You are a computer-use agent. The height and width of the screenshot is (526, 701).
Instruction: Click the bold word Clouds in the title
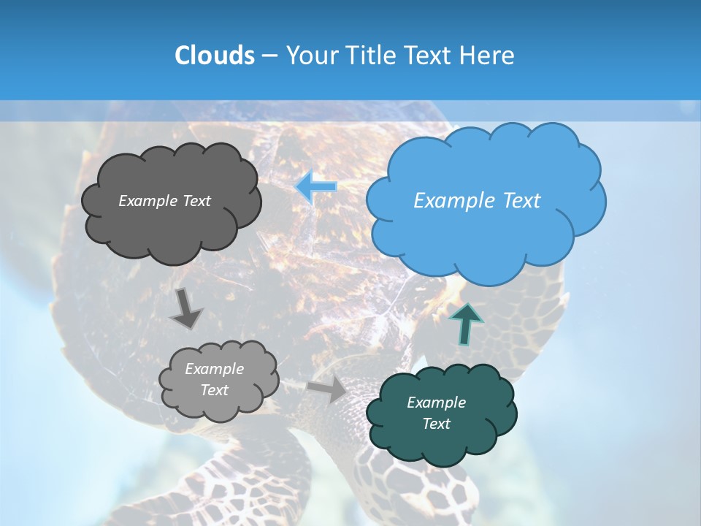coord(214,56)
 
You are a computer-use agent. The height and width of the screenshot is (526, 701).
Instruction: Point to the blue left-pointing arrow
coord(317,187)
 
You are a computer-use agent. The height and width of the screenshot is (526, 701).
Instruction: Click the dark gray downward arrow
coord(187,308)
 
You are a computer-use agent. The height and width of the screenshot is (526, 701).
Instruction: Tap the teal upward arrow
coord(466,324)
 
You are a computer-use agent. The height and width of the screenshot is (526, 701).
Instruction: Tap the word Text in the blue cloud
coord(521,201)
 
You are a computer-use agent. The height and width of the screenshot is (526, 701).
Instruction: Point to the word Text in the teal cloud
coord(436,424)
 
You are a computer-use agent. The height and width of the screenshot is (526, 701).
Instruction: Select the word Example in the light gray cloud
coord(214,369)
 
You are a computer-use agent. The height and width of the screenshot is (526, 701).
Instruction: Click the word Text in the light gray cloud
coord(214,390)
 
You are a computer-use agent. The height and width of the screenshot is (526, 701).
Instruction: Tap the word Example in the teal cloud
coord(436,403)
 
